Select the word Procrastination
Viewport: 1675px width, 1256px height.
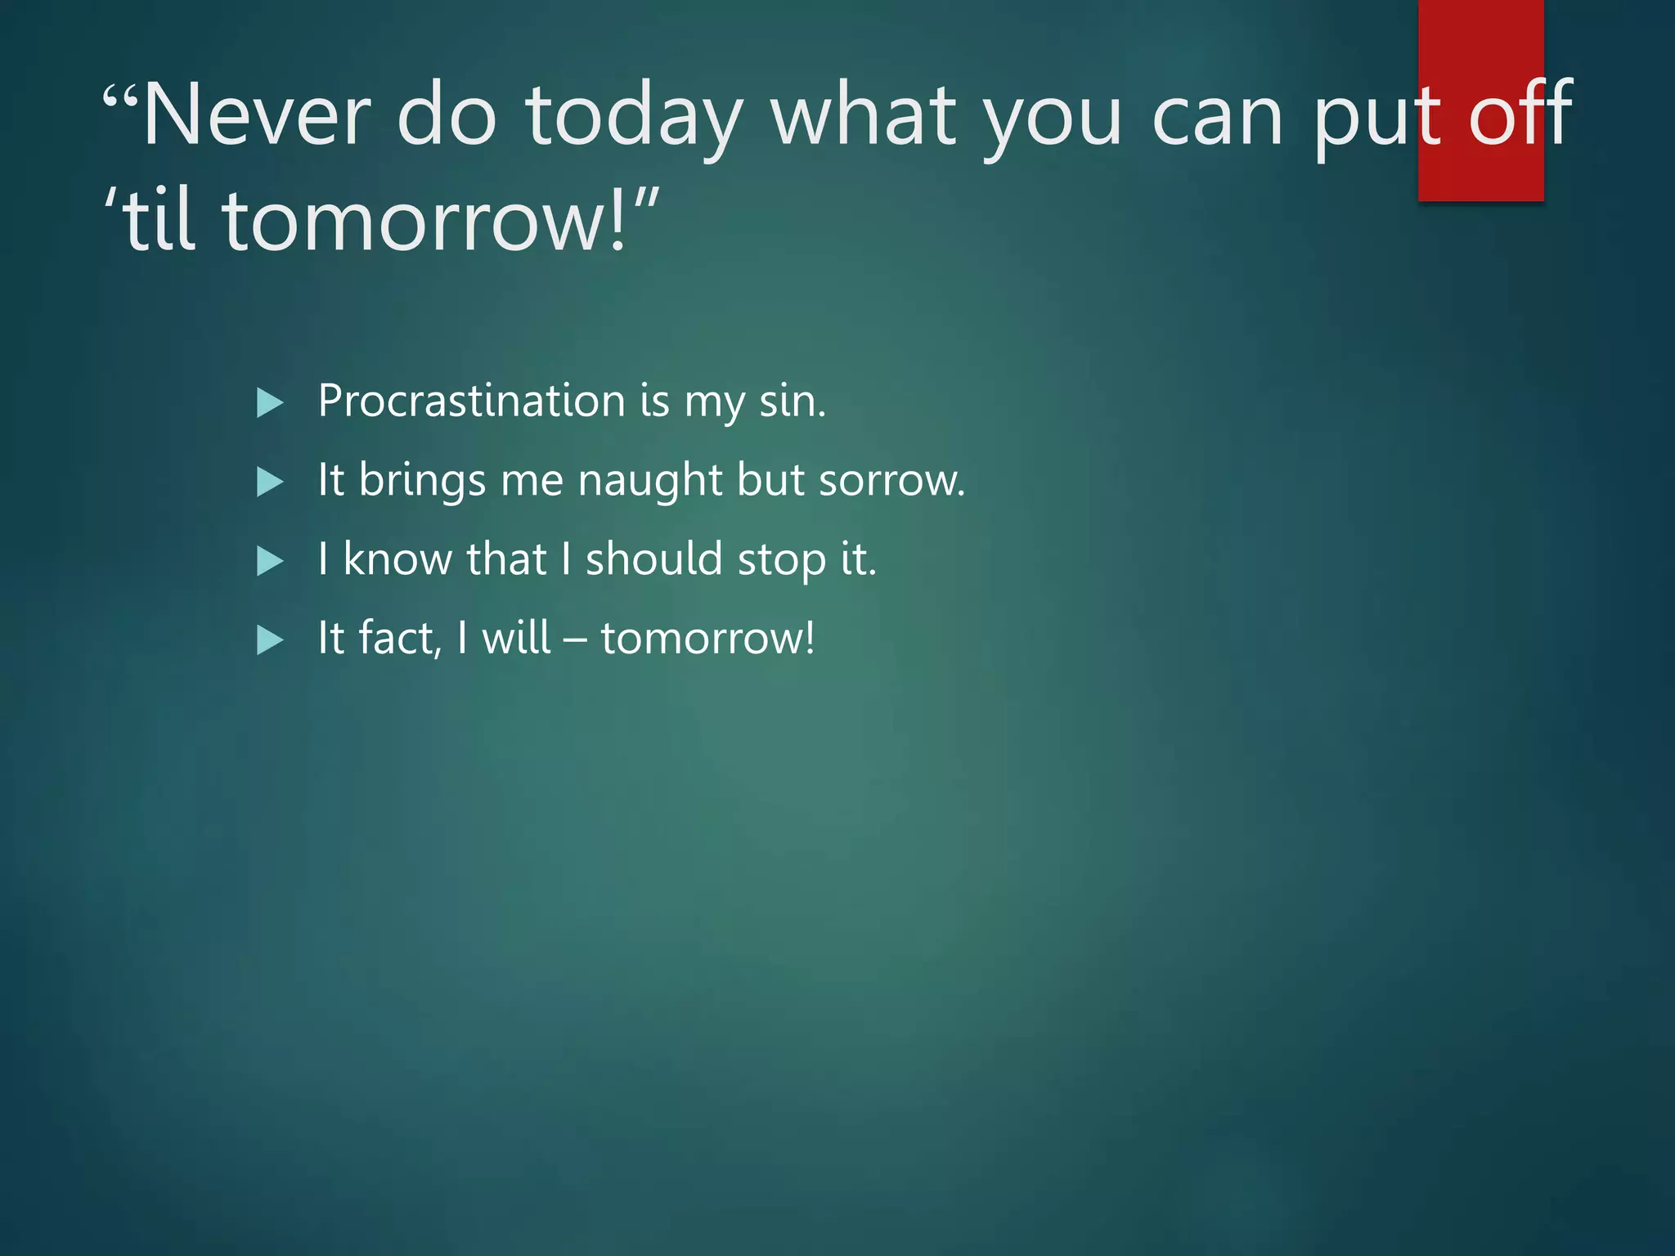[472, 401]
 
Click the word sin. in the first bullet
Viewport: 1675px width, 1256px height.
[792, 401]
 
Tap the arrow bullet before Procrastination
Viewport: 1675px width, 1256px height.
[269, 402]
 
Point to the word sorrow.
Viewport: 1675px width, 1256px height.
[891, 481]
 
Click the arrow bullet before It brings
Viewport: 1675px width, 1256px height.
[269, 482]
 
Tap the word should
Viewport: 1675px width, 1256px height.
[654, 559]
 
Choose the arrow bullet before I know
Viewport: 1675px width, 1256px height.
[269, 561]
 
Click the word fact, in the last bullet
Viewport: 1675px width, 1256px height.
[400, 638]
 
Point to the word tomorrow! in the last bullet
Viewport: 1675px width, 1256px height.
[707, 638]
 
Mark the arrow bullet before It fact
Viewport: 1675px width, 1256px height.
[269, 639]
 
